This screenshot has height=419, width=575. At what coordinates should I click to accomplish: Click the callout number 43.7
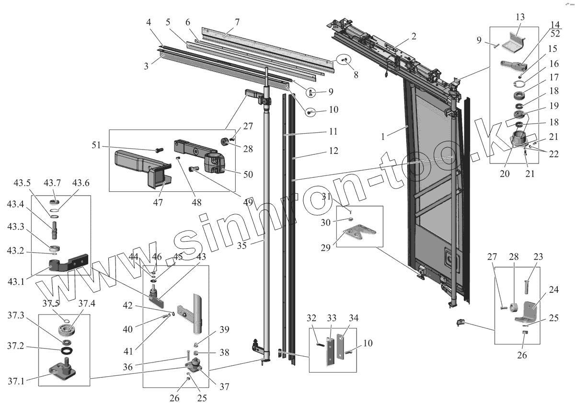click(x=52, y=183)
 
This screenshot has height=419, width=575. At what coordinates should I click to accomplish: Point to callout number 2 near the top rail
click(x=414, y=36)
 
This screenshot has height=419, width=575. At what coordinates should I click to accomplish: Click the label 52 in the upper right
click(x=555, y=34)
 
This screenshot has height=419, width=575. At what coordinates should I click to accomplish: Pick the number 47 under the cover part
click(x=158, y=203)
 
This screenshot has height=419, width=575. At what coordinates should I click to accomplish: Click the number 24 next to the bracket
click(x=554, y=289)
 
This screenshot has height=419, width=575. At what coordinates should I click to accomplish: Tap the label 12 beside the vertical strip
click(x=333, y=151)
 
